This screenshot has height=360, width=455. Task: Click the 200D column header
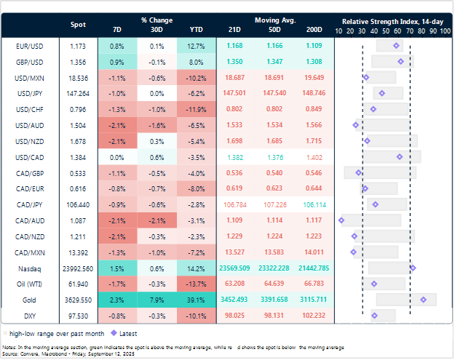click(x=314, y=29)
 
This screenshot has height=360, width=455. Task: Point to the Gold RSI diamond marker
click(x=423, y=299)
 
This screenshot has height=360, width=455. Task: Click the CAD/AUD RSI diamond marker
click(x=341, y=220)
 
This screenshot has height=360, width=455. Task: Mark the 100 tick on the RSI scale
click(x=446, y=31)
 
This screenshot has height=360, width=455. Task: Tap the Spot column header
click(x=77, y=25)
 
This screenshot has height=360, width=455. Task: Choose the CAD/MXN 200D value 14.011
click(x=314, y=252)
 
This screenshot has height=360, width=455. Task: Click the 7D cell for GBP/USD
click(x=118, y=62)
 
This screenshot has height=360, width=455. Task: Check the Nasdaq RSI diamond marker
click(x=413, y=268)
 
